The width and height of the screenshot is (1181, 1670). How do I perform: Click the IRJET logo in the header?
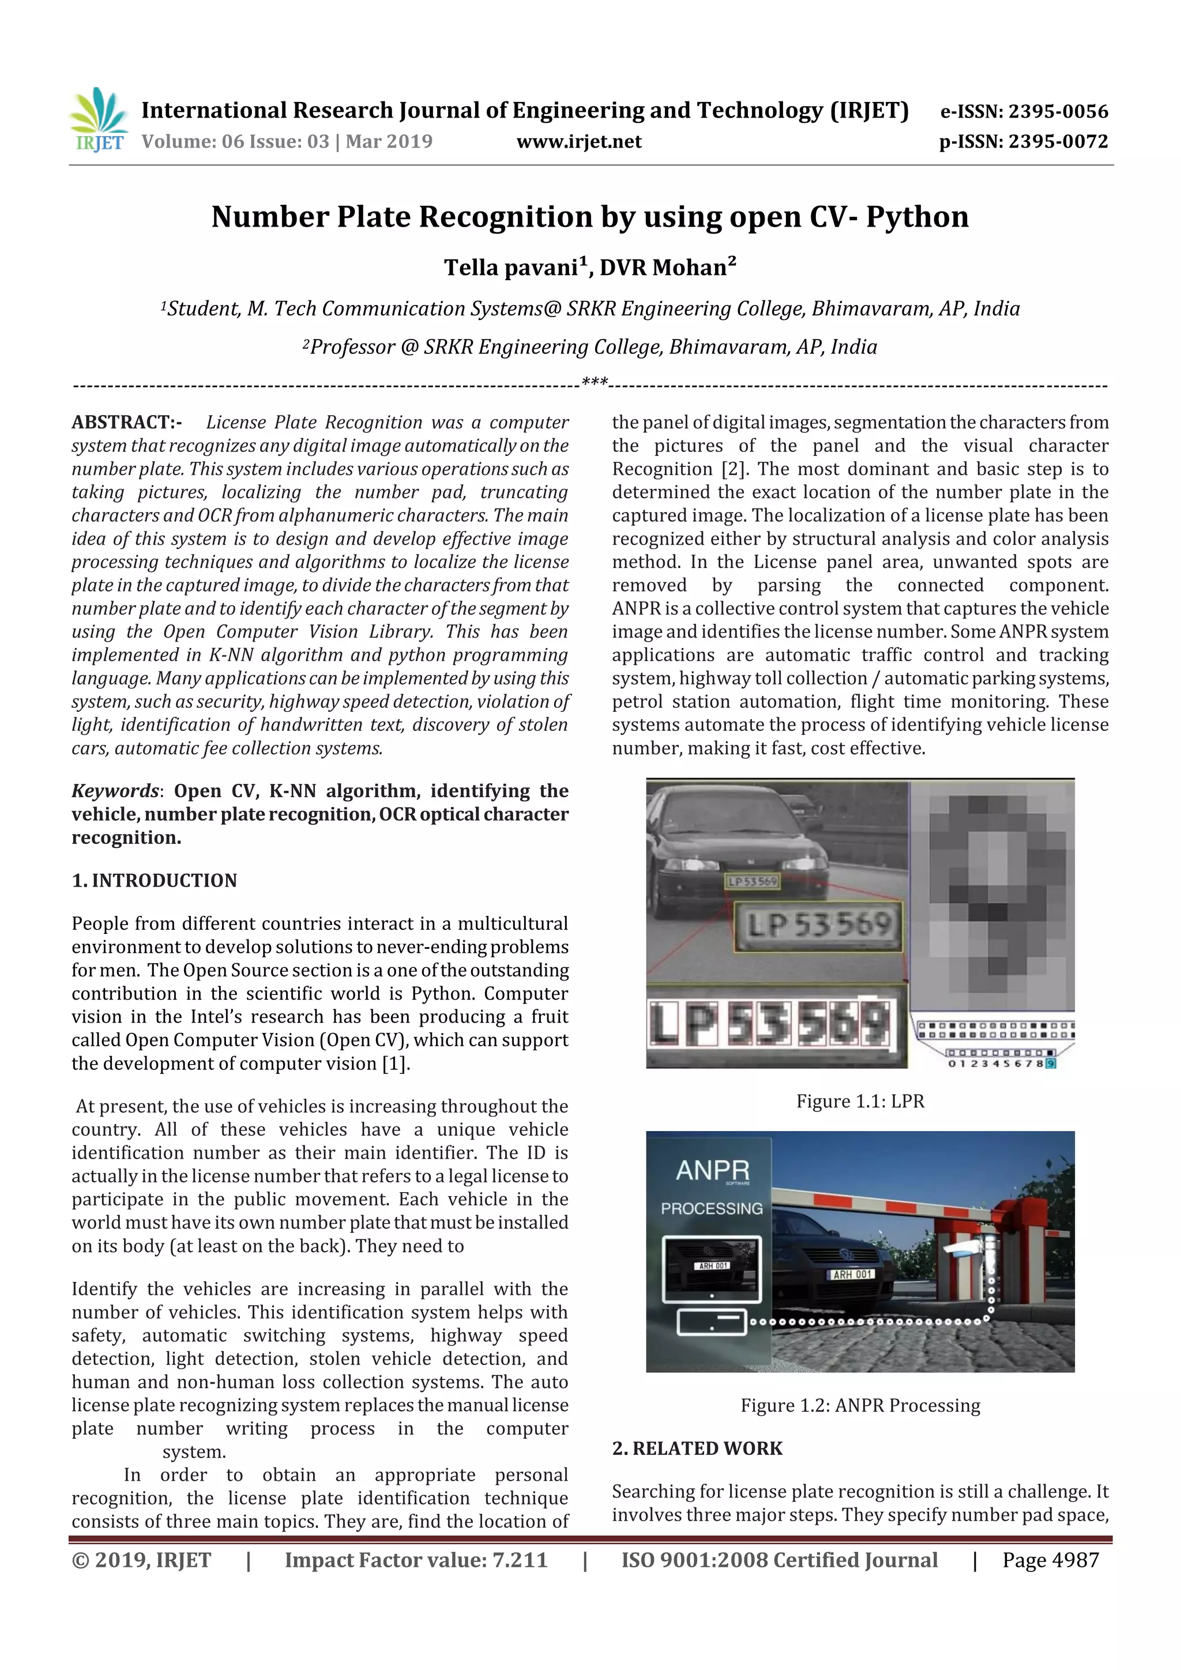(x=98, y=120)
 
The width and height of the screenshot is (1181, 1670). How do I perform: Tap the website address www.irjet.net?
(x=578, y=142)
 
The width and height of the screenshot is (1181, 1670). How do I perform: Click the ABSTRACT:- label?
(x=127, y=423)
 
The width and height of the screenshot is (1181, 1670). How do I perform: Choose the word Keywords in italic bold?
(x=115, y=791)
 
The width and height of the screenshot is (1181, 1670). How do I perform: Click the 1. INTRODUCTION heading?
(x=155, y=880)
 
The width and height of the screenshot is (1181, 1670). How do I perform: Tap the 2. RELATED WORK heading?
(x=697, y=1448)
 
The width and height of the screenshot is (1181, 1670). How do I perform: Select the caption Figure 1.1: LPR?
(x=860, y=1101)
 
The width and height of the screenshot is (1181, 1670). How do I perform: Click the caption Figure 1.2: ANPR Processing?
(x=860, y=1405)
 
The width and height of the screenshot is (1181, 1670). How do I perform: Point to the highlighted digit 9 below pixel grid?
(x=1051, y=1064)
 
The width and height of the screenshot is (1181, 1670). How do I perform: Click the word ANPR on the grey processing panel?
(x=712, y=1171)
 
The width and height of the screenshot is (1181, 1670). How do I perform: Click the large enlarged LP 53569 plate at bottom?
(x=770, y=1023)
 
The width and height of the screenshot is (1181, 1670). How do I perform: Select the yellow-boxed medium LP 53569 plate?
(x=819, y=926)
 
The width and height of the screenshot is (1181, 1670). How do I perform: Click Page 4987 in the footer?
(x=1050, y=1560)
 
